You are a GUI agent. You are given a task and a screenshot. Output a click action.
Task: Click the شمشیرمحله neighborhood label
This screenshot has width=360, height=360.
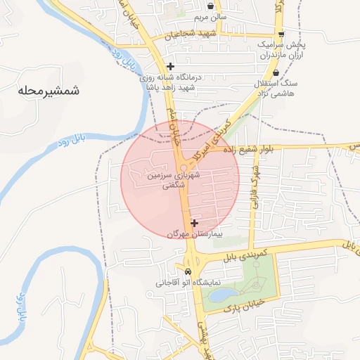(49, 91)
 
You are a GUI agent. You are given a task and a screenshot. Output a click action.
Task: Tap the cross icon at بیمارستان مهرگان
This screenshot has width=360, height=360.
(194, 223)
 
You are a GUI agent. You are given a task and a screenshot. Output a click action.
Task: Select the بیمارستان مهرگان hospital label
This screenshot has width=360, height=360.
(194, 233)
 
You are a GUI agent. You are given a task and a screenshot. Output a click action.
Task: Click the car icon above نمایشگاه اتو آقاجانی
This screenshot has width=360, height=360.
(188, 271)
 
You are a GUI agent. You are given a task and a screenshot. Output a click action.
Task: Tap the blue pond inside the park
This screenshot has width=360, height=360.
(223, 294)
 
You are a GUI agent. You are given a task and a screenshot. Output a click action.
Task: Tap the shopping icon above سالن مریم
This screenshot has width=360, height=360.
(210, 6)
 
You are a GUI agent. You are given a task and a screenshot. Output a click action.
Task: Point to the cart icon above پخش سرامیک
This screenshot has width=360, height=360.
(281, 34)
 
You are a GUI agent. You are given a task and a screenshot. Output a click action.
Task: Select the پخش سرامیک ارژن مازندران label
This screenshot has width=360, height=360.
(281, 49)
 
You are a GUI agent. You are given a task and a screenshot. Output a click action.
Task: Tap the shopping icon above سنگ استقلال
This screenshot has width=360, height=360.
(275, 72)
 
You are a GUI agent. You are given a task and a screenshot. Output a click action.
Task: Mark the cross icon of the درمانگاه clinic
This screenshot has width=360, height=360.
(170, 67)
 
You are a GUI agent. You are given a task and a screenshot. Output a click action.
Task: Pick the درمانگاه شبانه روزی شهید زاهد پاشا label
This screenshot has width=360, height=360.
(171, 83)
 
